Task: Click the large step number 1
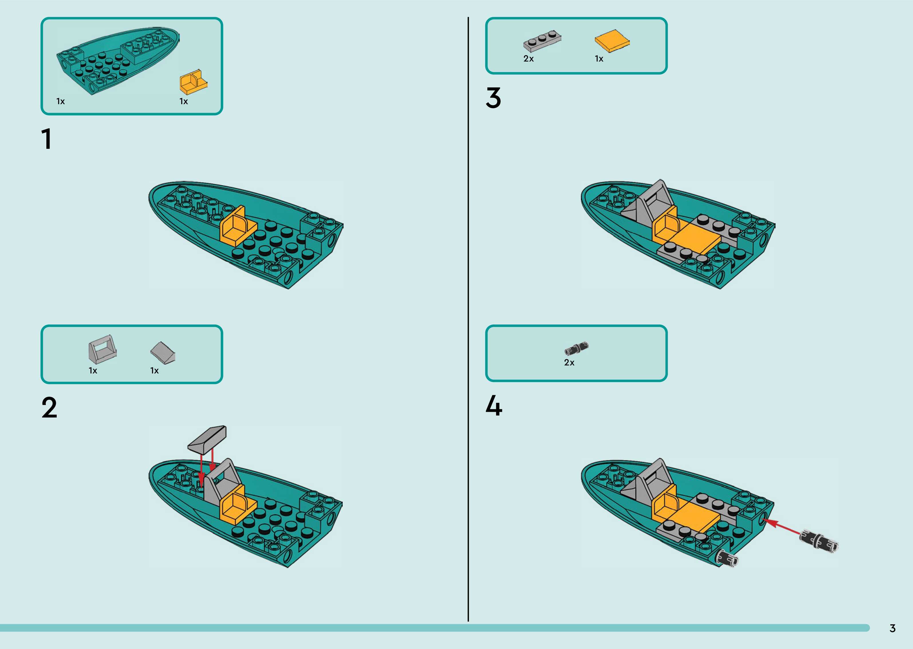47,139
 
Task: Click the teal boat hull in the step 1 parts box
118,60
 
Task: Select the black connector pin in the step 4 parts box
576,349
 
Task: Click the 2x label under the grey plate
529,59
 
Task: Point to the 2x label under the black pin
569,363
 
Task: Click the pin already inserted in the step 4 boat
726,559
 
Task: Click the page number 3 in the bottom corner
893,628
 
